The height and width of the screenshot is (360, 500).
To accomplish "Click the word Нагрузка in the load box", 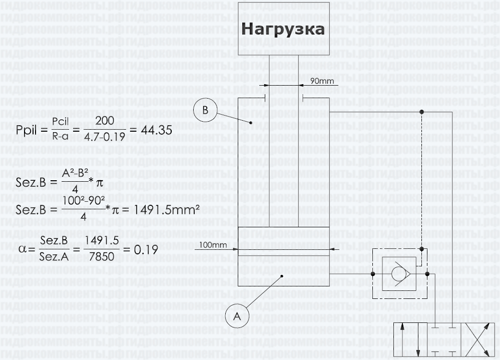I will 283,29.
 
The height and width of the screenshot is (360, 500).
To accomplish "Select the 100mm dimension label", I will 213,245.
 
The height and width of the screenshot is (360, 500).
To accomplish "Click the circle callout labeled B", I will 206,110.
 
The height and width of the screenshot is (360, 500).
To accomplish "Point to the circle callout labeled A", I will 238,316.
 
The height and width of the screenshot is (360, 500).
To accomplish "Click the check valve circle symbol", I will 399,274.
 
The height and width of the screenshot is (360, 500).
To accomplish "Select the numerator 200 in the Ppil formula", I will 105,122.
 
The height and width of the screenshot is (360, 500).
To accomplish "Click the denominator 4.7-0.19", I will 105,136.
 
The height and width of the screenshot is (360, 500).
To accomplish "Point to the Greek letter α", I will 22,249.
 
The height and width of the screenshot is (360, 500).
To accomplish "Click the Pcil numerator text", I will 61,123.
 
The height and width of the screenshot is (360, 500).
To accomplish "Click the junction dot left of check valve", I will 373,274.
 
